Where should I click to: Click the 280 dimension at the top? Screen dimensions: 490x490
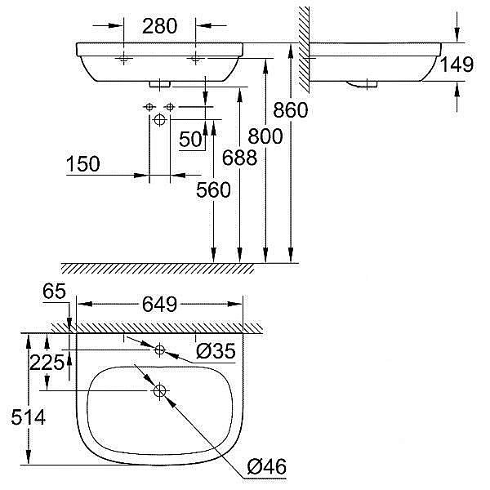(x=159, y=26)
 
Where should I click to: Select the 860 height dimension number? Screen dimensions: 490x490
(x=292, y=109)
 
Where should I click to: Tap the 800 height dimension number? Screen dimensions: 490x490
(x=267, y=136)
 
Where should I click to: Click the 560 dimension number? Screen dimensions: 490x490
(x=214, y=189)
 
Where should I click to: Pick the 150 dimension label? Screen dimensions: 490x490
(x=83, y=164)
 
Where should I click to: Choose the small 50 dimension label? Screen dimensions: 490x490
(x=190, y=140)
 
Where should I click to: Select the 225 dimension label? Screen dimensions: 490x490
(x=47, y=363)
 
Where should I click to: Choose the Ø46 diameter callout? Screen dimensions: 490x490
(x=265, y=467)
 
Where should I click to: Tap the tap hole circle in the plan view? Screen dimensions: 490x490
(x=159, y=350)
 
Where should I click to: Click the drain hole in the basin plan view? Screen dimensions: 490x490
(x=159, y=391)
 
